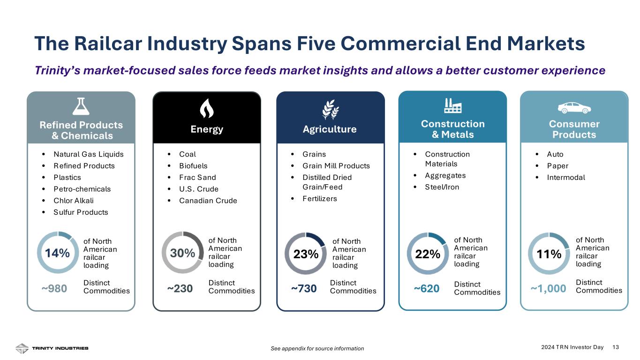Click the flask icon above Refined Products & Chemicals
point(81,106)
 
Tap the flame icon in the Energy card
point(207,109)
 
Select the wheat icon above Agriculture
point(331,110)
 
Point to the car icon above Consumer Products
point(574,107)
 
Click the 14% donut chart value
point(57,253)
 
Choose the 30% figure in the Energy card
point(182,253)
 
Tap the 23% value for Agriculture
point(306,255)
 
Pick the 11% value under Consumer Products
point(549,254)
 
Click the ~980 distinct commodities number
point(54,288)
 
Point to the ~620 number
point(427,289)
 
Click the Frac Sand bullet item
point(197,177)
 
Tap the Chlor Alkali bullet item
point(74,201)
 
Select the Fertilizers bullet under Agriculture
point(320,199)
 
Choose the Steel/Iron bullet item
point(442,187)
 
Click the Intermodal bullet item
point(566,177)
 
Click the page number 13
point(616,347)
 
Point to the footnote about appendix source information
point(317,348)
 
